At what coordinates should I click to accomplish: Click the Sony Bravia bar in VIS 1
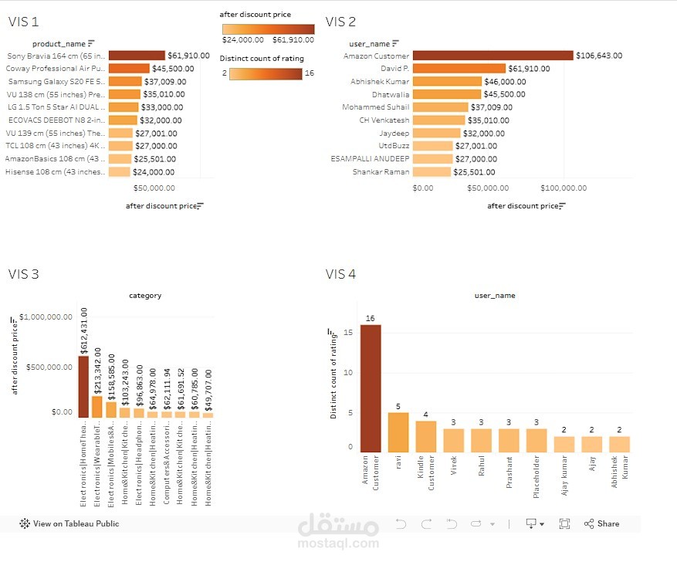137,56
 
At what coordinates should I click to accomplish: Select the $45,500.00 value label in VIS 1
173,69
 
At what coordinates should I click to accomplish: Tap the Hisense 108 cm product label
56,172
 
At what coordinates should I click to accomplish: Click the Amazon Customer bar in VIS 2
493,56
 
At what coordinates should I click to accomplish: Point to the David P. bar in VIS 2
459,69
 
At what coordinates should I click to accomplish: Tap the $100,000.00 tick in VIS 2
564,188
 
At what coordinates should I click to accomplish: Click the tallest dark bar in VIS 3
83,387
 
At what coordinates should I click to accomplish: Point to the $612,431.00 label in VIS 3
84,330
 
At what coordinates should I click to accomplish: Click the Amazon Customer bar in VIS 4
371,388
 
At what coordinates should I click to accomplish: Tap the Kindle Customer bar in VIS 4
425,436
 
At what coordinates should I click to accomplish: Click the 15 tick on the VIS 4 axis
348,333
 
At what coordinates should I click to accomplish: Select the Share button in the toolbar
601,523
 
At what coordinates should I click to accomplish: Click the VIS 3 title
24,274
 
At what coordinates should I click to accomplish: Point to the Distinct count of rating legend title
262,59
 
